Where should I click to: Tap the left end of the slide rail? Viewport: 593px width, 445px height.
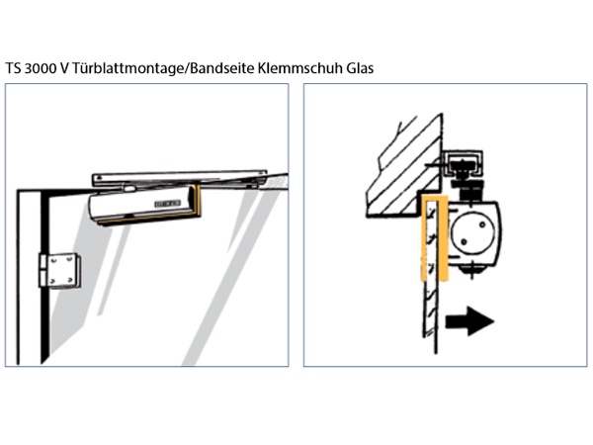(x=97, y=180)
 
